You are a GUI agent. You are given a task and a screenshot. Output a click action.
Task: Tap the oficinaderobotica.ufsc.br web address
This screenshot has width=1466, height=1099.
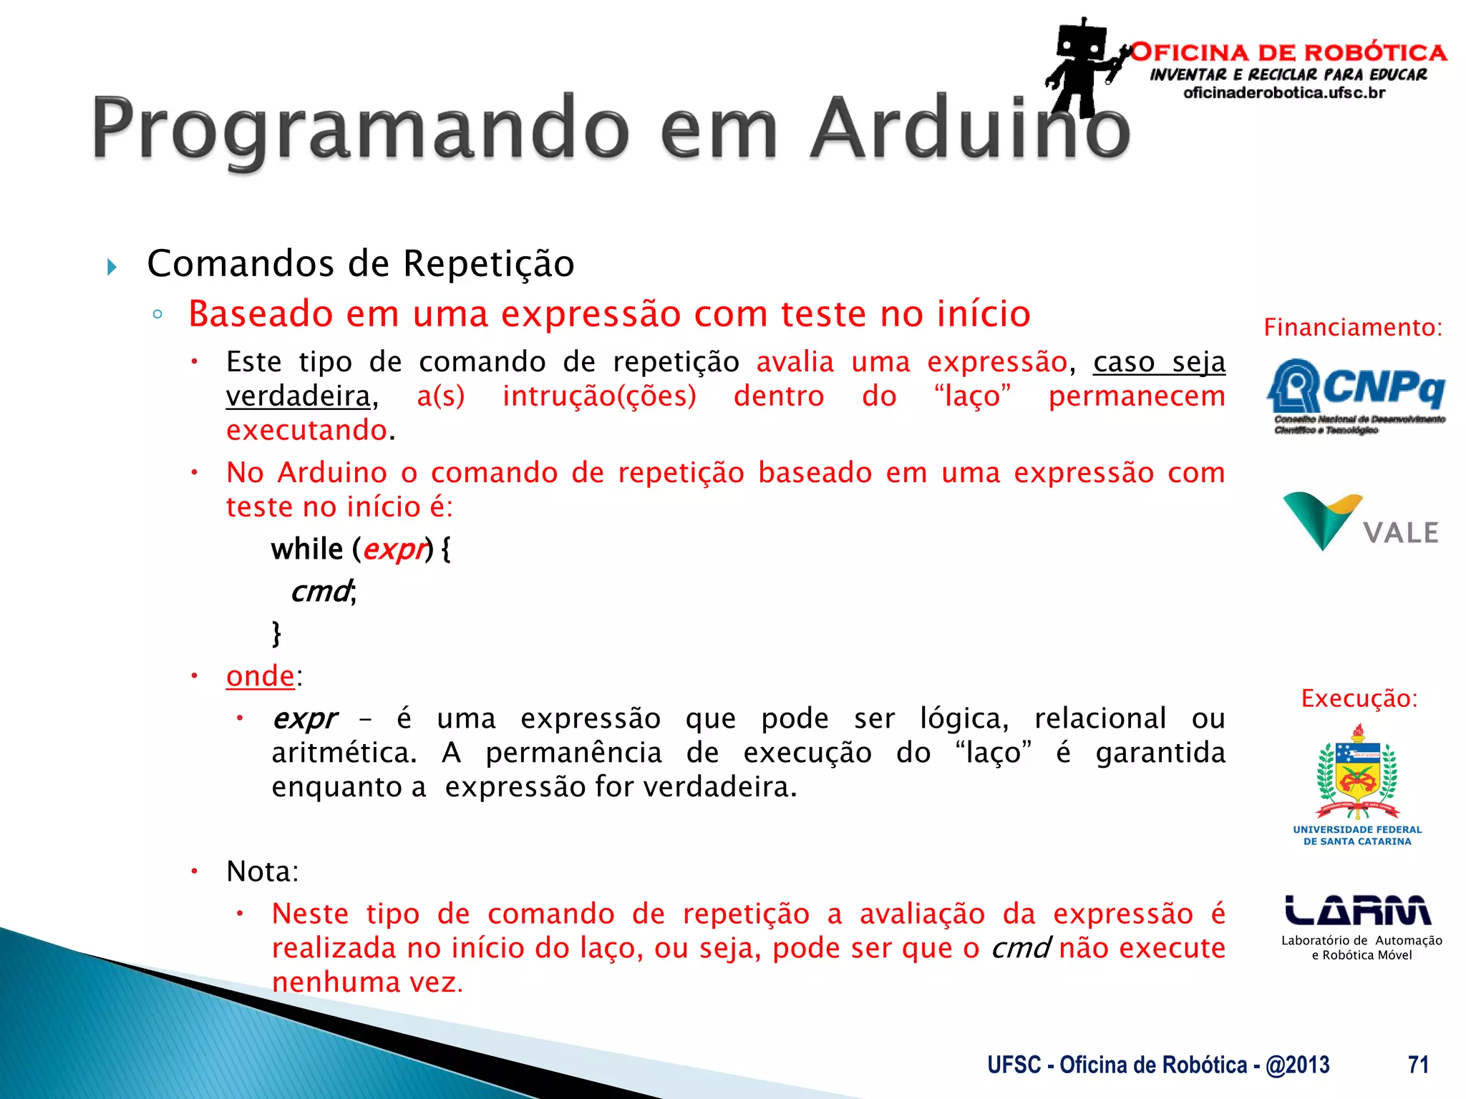[x=1284, y=93]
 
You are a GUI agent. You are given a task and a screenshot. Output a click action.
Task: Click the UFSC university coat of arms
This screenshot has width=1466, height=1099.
[x=1357, y=773]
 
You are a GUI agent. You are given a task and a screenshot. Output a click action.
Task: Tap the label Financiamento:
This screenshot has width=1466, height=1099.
[x=1352, y=328]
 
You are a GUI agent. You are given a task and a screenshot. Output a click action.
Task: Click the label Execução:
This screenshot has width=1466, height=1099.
[x=1359, y=698]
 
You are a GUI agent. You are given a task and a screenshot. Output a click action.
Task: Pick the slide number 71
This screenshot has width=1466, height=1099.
[x=1418, y=1065]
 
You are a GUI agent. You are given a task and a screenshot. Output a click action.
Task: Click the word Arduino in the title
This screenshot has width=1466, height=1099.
[x=970, y=129]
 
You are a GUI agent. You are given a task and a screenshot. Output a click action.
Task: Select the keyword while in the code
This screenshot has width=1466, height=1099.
[x=307, y=549]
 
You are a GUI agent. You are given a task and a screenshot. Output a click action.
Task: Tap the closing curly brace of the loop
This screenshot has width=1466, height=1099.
[x=276, y=633]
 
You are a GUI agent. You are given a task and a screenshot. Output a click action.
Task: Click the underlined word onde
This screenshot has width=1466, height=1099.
[x=260, y=676]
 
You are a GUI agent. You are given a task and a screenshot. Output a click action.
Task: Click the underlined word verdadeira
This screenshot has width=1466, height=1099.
[x=298, y=396]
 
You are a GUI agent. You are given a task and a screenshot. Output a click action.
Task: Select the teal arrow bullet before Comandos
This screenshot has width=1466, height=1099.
[x=112, y=268]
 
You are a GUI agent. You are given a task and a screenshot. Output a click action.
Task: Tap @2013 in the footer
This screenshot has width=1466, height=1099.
[x=1297, y=1065]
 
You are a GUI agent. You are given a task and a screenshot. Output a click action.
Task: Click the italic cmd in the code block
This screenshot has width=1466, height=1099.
[x=321, y=592]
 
